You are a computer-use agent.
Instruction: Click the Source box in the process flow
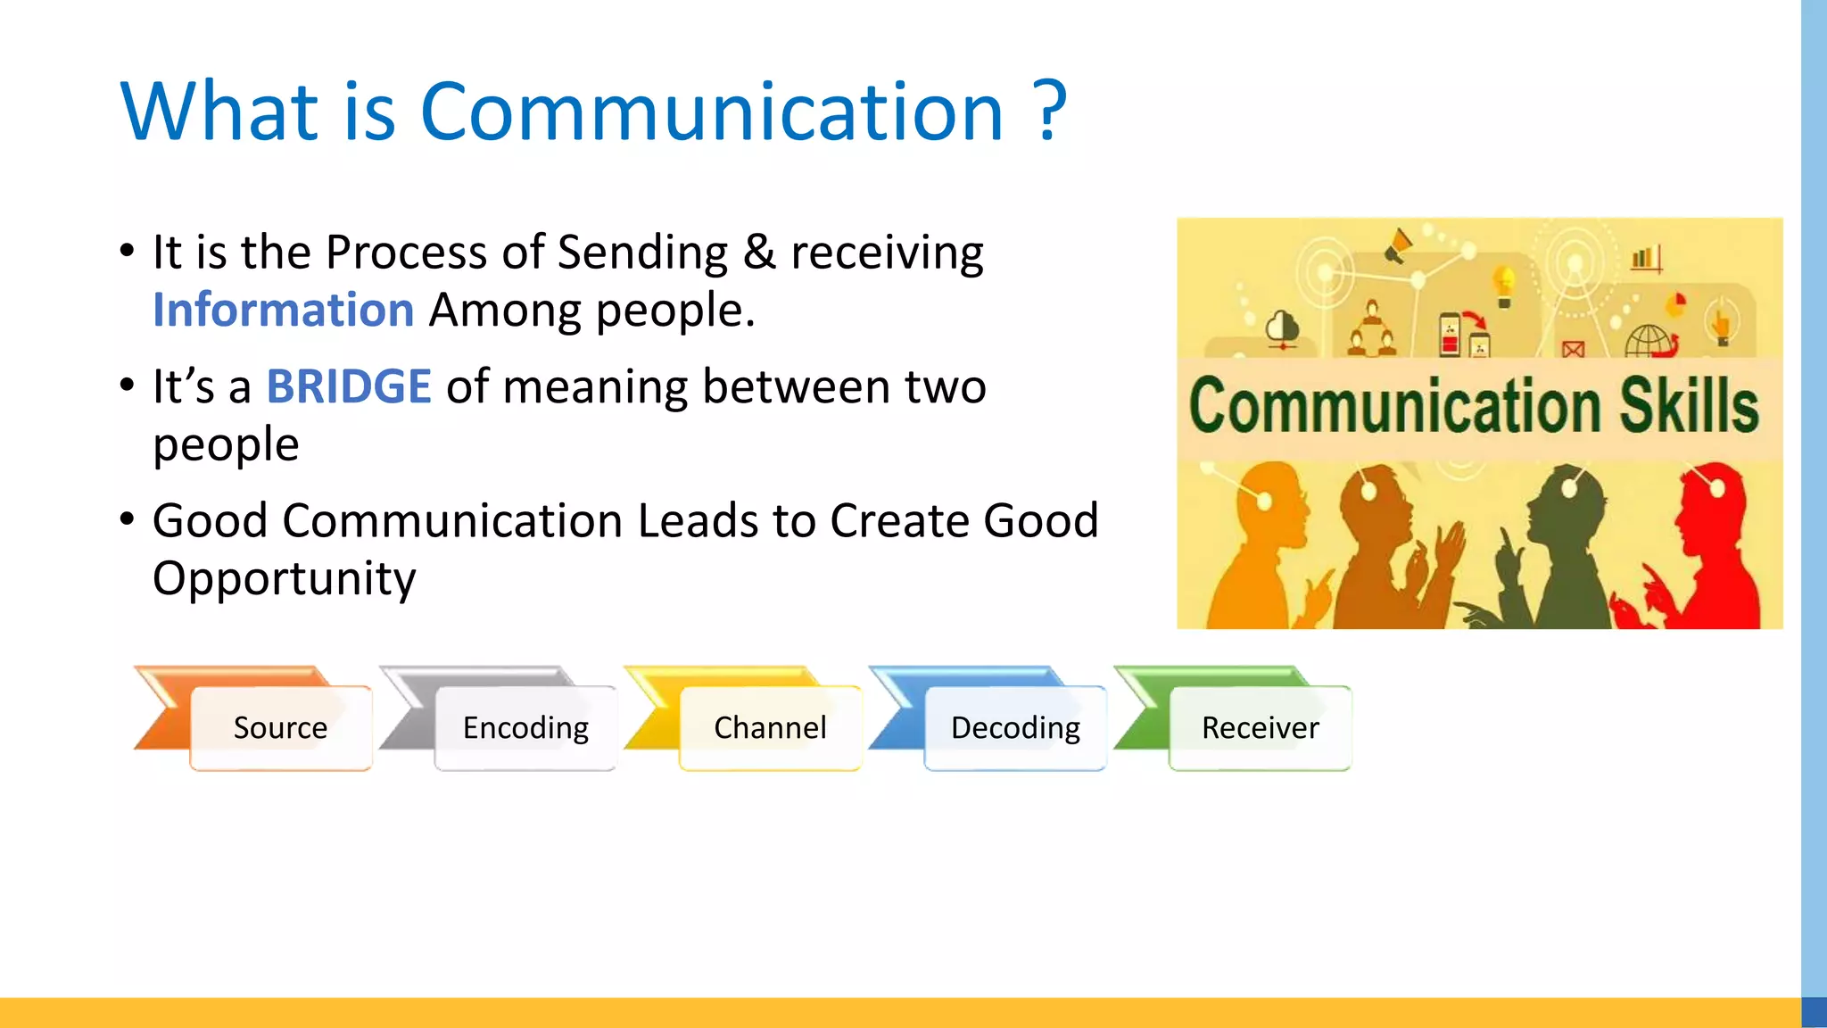[x=280, y=727]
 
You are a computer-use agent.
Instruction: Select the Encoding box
[x=525, y=727]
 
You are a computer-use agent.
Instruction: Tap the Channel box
[x=770, y=727]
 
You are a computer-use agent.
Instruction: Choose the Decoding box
[x=1015, y=727]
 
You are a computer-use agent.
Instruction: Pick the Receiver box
[x=1260, y=727]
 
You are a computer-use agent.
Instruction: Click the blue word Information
[x=283, y=310]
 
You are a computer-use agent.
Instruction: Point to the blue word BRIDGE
[x=349, y=386]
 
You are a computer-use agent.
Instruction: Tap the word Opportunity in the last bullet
[x=284, y=578]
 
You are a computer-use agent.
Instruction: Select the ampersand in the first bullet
[x=759, y=252]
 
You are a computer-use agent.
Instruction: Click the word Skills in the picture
[x=1688, y=406]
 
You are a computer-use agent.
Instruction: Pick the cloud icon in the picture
[x=1283, y=327]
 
